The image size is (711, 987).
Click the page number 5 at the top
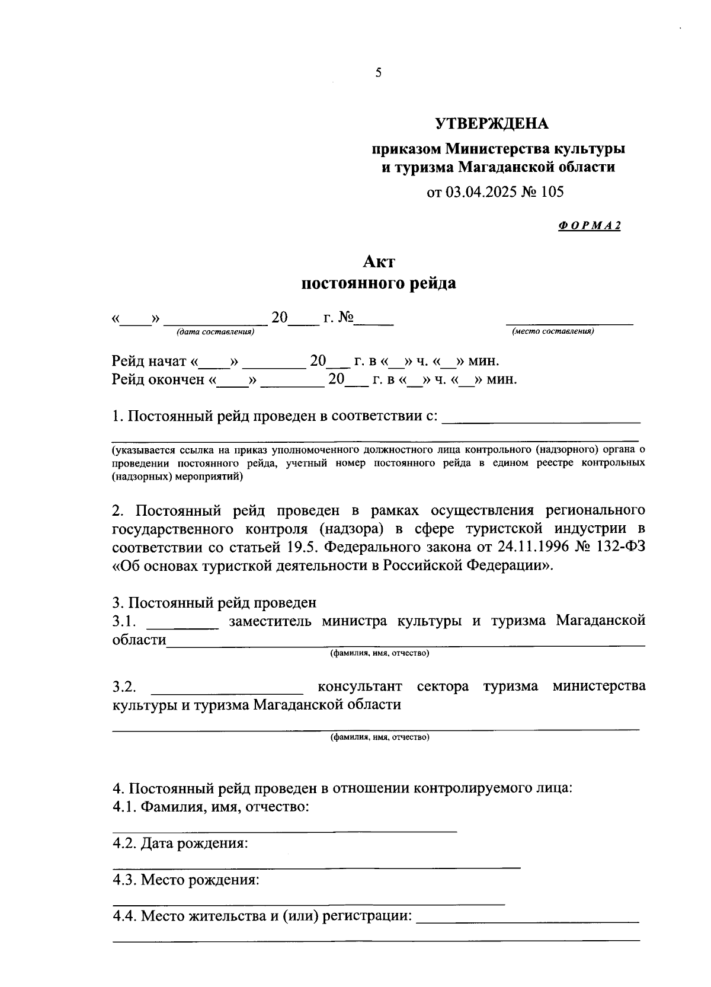(379, 73)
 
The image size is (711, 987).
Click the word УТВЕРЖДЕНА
(492, 124)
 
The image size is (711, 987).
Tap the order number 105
(551, 191)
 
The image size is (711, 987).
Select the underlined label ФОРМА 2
(589, 225)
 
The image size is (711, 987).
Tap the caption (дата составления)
(215, 331)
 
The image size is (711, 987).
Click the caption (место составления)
(553, 331)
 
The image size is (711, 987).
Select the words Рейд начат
(149, 361)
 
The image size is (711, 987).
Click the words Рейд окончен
(158, 379)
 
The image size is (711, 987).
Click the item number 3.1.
(125, 621)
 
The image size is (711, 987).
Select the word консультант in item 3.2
(360, 686)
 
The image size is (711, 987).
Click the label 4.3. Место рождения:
(186, 880)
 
